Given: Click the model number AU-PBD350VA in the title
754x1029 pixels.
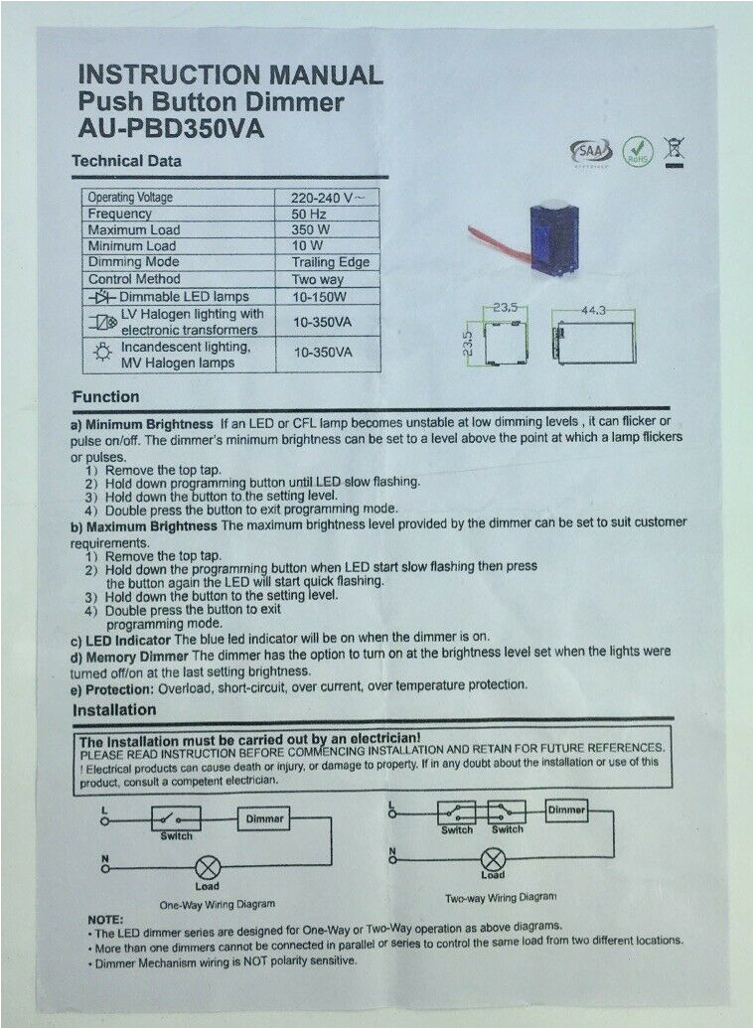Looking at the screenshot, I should click(171, 130).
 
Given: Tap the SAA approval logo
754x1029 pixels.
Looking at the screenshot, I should click(587, 152).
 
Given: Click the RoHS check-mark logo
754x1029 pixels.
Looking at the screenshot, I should click(637, 152).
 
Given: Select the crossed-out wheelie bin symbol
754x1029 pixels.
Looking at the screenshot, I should click(681, 151).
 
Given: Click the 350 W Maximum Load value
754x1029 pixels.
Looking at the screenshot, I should click(309, 229).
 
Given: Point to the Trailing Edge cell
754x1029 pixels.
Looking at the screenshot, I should click(330, 262).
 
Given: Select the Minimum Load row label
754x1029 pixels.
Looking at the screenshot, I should click(132, 245).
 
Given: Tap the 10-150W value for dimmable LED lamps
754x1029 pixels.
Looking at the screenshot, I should click(319, 296).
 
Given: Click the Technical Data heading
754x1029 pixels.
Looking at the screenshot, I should click(126, 161).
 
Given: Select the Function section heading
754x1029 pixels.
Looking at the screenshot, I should click(105, 397).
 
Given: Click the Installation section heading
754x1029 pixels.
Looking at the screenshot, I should click(114, 710).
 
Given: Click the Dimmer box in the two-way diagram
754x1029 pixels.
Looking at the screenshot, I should click(567, 810).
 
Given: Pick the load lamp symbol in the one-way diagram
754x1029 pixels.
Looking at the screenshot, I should click(208, 866).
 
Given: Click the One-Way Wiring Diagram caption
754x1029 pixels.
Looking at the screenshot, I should click(218, 905).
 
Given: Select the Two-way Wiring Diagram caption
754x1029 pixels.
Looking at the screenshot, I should click(501, 897).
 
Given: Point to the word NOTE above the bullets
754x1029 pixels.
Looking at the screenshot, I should click(106, 920).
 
